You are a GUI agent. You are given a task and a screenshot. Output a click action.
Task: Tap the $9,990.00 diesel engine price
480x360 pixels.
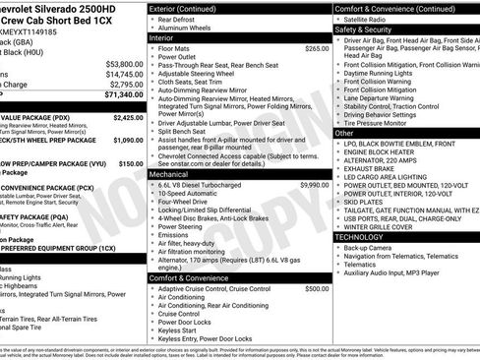pos(314,184)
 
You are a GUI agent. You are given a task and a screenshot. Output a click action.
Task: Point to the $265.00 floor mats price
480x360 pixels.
pos(317,47)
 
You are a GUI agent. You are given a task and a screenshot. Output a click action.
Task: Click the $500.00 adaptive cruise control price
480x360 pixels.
pos(317,289)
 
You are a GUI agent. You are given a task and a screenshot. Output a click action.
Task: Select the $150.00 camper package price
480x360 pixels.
pos(131,164)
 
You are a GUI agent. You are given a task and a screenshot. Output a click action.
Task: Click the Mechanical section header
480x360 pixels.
pos(171,172)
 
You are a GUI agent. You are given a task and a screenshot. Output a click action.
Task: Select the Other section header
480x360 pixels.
pos(344,132)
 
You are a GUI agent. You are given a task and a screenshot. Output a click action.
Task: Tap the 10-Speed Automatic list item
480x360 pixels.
pos(188,194)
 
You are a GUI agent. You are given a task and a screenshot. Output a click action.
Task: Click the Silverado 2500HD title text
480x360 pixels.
pos(59,8)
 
